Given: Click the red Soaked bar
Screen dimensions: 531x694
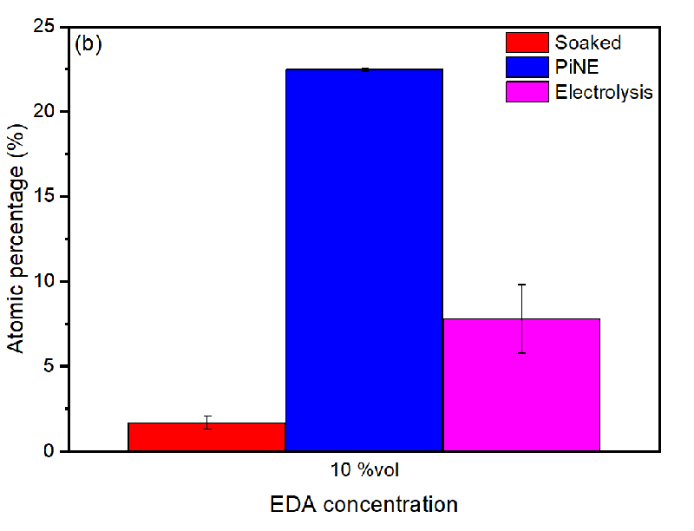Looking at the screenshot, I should (206, 436).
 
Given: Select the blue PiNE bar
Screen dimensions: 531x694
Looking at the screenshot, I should (364, 260).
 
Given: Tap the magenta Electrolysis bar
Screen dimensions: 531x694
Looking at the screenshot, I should (521, 385).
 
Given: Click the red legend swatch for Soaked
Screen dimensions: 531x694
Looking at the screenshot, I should (527, 43).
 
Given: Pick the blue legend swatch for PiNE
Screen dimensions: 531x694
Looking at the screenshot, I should (527, 67).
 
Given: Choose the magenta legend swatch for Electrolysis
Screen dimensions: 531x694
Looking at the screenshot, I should (527, 91).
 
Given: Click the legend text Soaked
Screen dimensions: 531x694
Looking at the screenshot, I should (587, 43).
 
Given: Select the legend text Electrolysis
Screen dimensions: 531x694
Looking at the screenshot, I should (604, 91).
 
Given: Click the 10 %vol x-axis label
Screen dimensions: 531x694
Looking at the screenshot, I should (364, 470).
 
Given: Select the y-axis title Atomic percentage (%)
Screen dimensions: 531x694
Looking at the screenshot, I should (17, 240).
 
